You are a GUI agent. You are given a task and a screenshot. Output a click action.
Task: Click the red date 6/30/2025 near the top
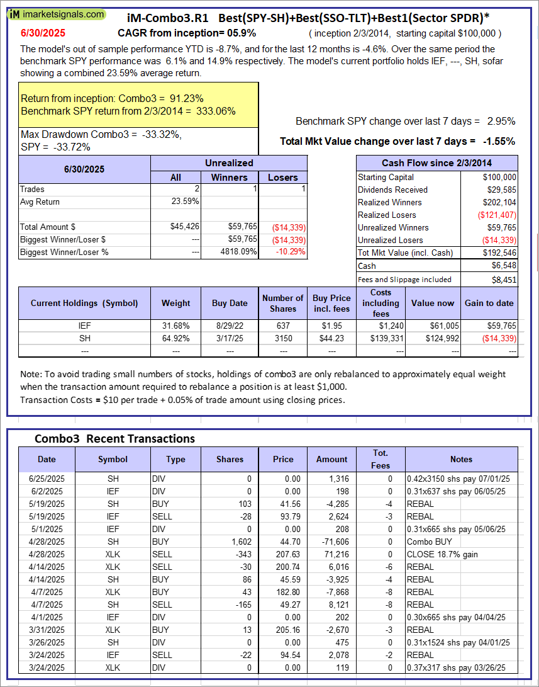click(42, 32)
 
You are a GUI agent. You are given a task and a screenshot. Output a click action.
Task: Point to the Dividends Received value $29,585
click(499, 190)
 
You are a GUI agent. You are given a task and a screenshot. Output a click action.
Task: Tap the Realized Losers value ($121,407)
click(496, 215)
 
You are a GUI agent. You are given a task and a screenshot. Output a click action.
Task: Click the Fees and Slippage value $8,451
click(504, 280)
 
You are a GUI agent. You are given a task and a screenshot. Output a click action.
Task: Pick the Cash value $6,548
click(503, 266)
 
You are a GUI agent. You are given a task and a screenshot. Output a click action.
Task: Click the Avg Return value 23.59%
click(185, 202)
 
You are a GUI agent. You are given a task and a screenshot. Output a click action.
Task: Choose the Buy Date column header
click(230, 303)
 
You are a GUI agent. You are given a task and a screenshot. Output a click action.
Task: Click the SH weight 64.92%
click(176, 338)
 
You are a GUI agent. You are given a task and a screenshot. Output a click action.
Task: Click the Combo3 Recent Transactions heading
click(114, 438)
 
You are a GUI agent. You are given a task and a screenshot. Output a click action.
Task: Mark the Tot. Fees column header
click(380, 459)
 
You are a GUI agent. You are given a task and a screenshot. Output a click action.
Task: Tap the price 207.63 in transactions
click(283, 554)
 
